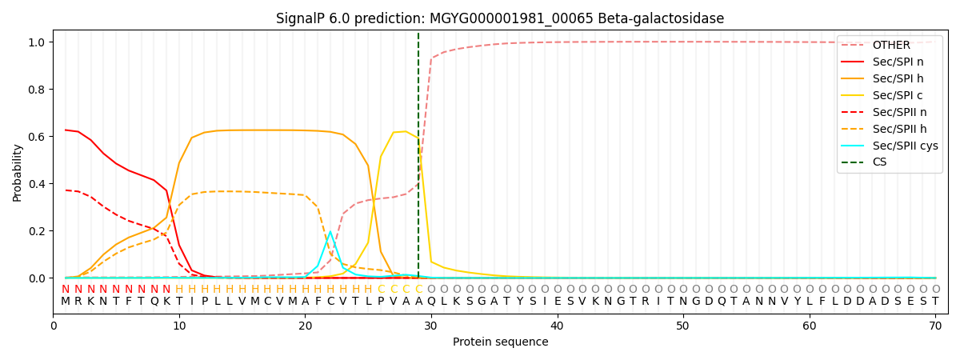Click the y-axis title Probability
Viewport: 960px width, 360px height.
tap(18, 172)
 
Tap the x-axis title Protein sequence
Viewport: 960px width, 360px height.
tap(500, 342)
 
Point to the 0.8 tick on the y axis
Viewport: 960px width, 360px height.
tap(38, 90)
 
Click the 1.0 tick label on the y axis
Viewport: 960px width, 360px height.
tap(38, 42)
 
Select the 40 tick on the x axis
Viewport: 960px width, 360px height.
tap(557, 326)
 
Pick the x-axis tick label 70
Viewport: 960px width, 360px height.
tap(935, 326)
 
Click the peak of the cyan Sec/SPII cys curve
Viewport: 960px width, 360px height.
tap(330, 232)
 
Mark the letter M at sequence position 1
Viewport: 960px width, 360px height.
tap(66, 302)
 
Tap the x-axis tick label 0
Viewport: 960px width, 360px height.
tap(54, 326)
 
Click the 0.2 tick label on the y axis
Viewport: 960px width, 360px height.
tap(38, 231)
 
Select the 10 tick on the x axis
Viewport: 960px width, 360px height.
tap(179, 326)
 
